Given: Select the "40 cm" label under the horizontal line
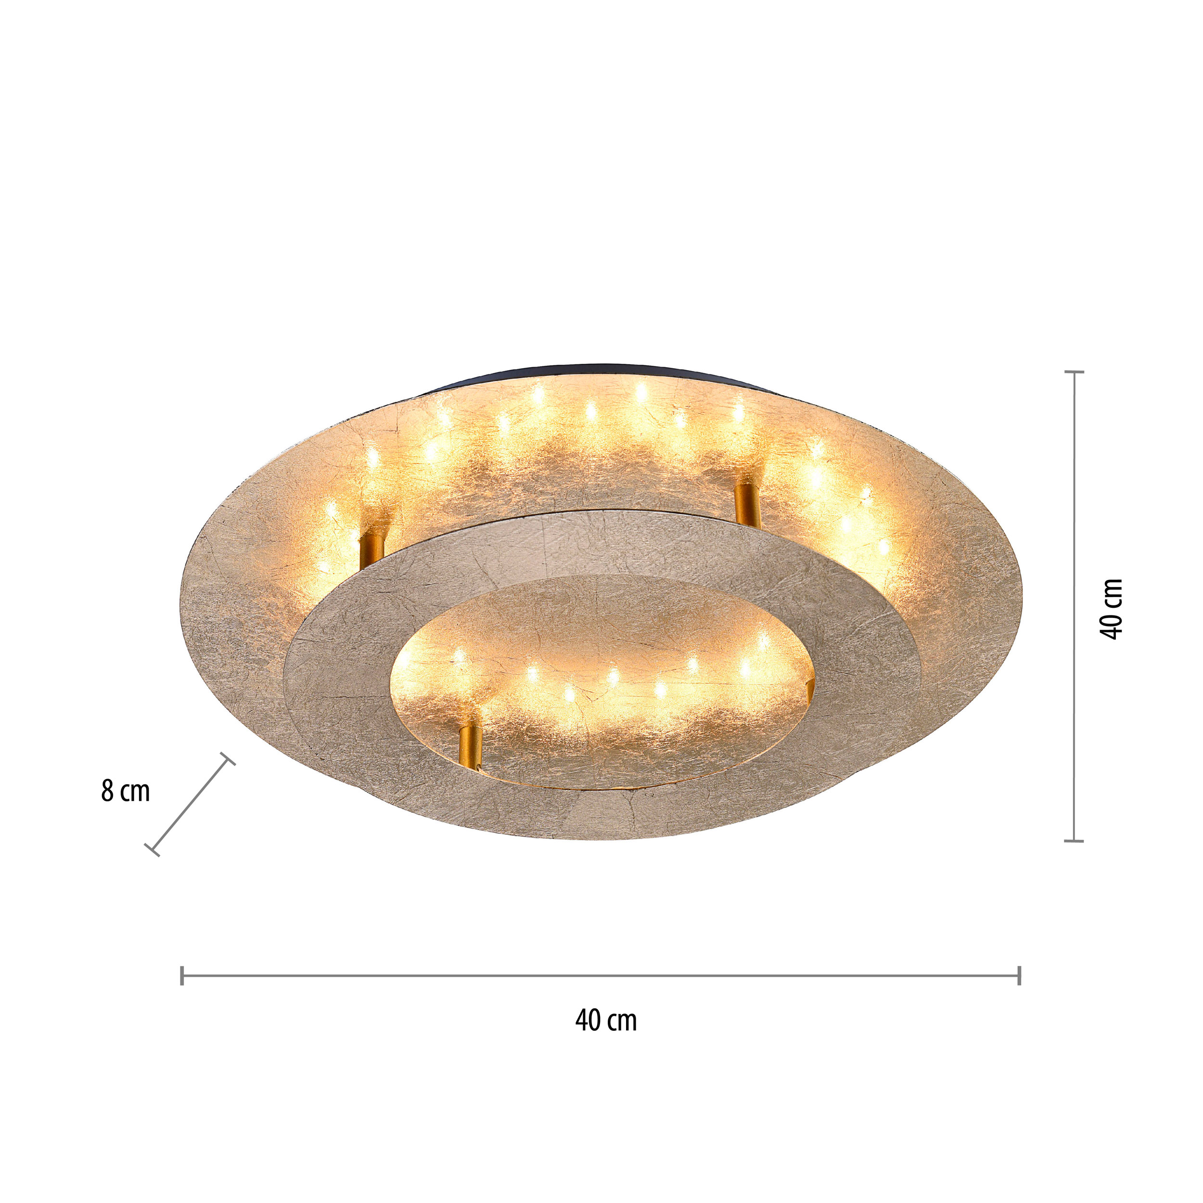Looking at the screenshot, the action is tap(606, 1021).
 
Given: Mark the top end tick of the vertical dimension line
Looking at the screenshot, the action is tap(1074, 372).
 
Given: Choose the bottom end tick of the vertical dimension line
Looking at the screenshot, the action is tap(1074, 841).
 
